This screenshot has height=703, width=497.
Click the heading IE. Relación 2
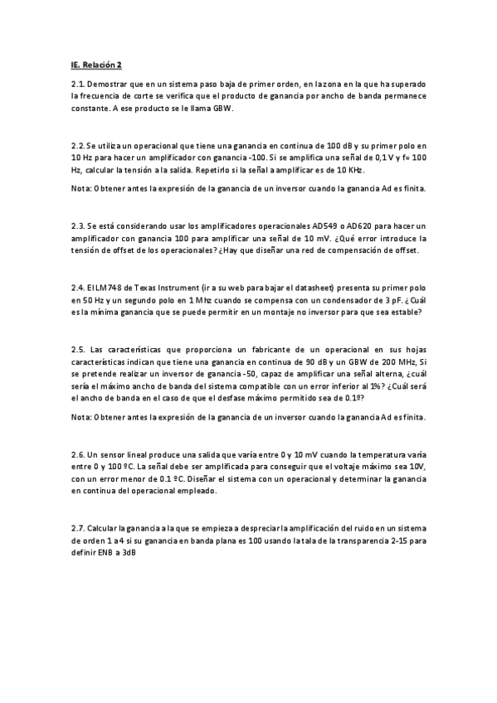click(96, 64)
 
